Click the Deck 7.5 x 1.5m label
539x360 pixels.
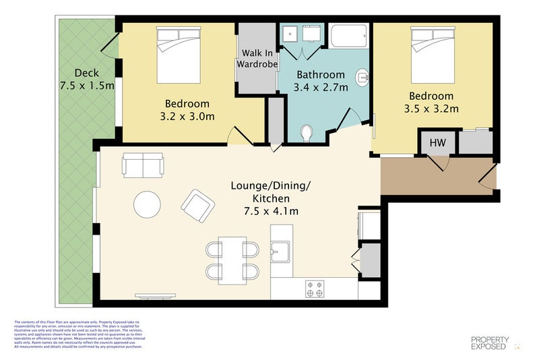(x=86, y=80)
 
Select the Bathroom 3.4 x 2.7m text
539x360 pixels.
(x=320, y=81)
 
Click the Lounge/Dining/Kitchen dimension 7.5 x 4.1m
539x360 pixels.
(x=271, y=211)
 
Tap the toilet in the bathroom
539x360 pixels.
(x=307, y=132)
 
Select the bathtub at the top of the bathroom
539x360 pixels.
(x=349, y=36)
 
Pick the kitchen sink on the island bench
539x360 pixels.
(x=280, y=253)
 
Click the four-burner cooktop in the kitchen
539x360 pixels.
(x=315, y=289)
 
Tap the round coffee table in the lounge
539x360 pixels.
(x=147, y=204)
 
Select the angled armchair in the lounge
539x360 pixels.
(x=198, y=206)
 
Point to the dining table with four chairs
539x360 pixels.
(x=232, y=260)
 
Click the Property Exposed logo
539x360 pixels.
(x=489, y=343)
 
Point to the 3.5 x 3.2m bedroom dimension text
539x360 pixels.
(x=431, y=109)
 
